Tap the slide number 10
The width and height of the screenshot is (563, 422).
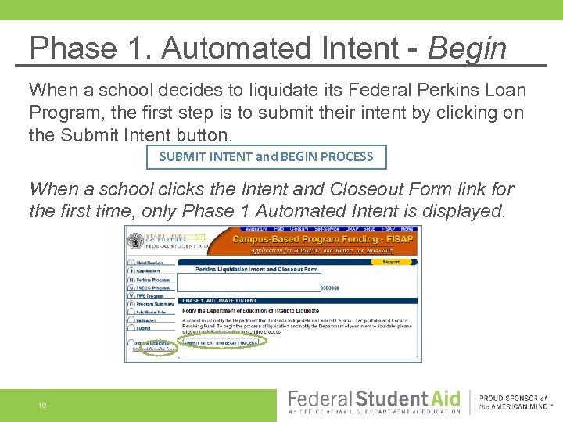click(x=43, y=405)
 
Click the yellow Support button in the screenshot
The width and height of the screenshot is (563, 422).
click(x=390, y=263)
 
